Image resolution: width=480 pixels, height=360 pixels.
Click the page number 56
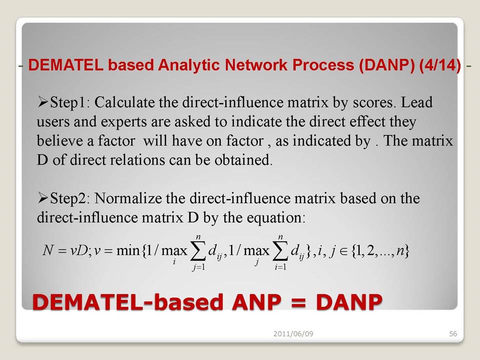(x=453, y=333)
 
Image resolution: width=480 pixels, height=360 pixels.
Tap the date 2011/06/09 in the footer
(x=293, y=333)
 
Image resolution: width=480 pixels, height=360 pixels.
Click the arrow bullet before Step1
(x=43, y=102)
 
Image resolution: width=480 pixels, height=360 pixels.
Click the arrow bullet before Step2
(x=43, y=198)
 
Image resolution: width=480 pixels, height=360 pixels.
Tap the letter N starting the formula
(x=48, y=250)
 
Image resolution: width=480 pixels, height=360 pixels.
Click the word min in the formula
(x=128, y=250)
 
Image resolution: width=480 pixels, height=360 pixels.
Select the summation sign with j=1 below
(x=198, y=251)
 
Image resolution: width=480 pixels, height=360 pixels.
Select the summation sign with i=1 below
(x=280, y=251)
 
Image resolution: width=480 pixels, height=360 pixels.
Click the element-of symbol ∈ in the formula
(x=344, y=251)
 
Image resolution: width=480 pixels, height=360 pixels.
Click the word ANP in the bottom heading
(x=256, y=302)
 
